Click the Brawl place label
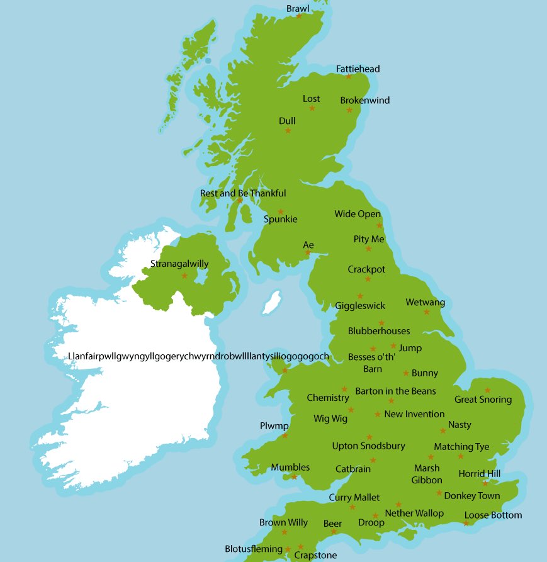point(298,8)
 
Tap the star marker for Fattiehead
point(349,77)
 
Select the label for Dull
point(287,121)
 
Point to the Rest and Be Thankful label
point(243,193)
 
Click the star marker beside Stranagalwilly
point(184,276)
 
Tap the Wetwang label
point(425,302)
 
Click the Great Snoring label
point(483,400)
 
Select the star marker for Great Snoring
point(487,390)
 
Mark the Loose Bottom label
point(493,515)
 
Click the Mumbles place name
point(290,467)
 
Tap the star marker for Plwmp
point(285,436)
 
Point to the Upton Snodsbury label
point(368,446)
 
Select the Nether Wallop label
point(414,513)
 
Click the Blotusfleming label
point(254,549)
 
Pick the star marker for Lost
point(312,108)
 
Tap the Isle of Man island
point(271,302)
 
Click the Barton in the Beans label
point(395,391)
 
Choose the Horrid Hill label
point(480,473)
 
